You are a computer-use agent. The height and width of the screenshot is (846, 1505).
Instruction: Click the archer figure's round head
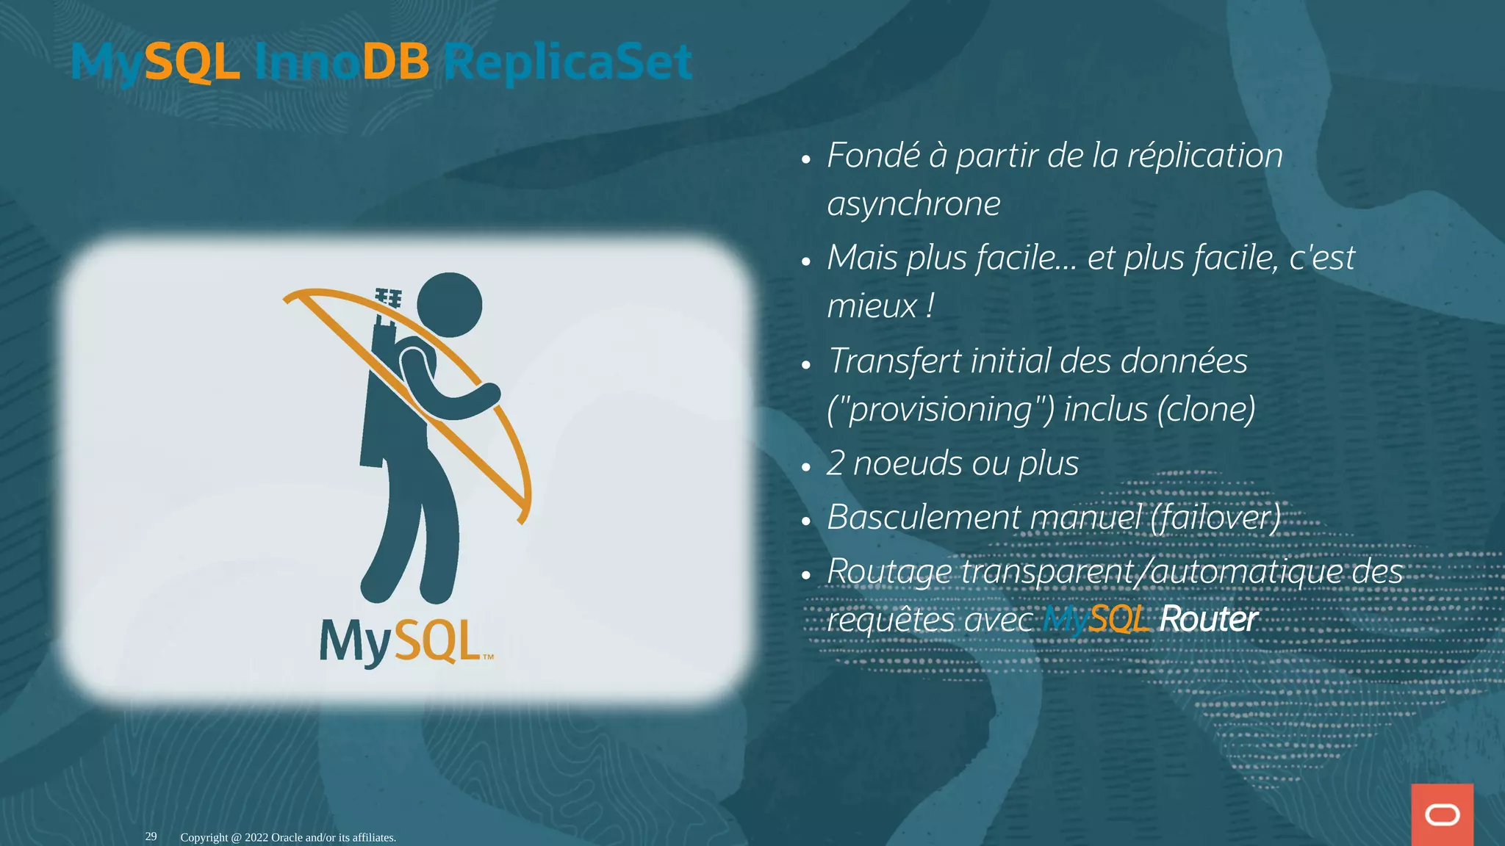click(449, 305)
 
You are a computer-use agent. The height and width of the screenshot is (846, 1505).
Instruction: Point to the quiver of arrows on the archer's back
click(386, 323)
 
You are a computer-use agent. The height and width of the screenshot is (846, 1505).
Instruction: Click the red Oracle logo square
click(1442, 814)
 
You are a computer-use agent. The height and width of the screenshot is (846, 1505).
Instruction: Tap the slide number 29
click(151, 836)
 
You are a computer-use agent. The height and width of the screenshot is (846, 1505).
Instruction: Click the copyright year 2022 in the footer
click(256, 837)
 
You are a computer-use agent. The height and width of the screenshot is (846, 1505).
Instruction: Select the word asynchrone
click(913, 203)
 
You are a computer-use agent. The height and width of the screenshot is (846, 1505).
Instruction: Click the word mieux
click(872, 305)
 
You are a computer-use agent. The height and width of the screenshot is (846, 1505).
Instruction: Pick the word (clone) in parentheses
click(1206, 409)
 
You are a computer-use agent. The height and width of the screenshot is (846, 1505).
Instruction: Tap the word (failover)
click(1215, 517)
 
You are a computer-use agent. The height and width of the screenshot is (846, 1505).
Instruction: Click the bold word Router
click(1208, 619)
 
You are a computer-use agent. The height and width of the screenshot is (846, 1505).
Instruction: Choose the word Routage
click(888, 572)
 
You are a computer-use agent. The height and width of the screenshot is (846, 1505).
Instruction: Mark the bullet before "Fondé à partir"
click(806, 159)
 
